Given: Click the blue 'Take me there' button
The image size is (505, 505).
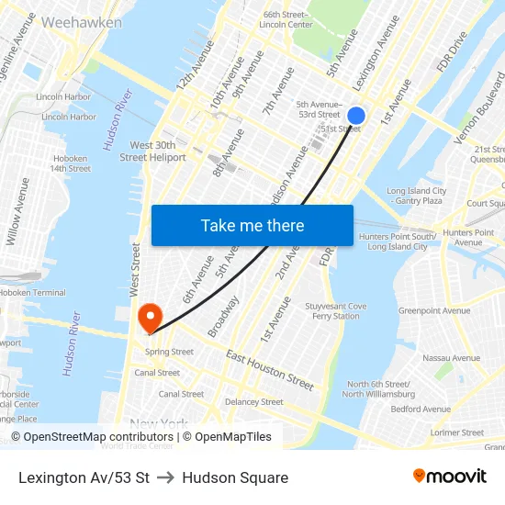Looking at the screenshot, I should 252,225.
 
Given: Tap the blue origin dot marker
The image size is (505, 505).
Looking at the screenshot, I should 356,116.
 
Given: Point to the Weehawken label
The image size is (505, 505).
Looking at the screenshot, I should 82,21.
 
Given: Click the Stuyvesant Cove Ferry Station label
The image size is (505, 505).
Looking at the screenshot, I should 335,311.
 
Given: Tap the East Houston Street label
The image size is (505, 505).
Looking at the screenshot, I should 269,369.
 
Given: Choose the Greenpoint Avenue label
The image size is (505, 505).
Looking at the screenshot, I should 433,310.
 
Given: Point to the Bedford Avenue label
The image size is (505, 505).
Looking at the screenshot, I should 421,409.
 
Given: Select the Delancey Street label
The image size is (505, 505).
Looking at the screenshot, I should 254,401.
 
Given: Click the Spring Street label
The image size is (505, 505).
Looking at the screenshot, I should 169,352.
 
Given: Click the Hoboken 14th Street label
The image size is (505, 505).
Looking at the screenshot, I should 71,163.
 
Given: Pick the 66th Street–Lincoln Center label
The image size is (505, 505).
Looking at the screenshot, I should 286,19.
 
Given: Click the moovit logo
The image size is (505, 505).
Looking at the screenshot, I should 449,477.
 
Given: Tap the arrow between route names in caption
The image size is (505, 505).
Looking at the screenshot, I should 165,477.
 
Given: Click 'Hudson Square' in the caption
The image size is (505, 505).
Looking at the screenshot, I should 235,477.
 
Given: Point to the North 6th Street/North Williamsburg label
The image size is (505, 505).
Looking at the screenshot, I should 379,389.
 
